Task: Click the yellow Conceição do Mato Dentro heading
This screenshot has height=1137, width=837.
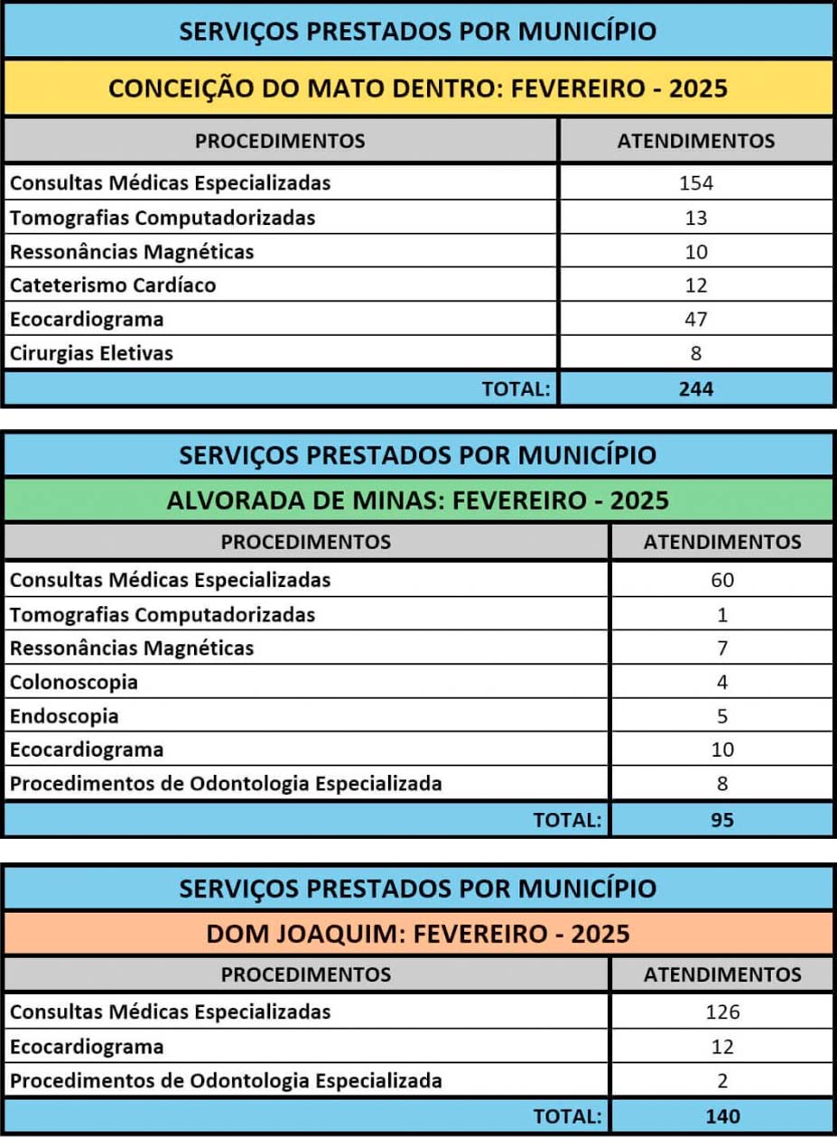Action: tap(418, 89)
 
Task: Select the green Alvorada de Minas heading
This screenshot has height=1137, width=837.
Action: tap(418, 500)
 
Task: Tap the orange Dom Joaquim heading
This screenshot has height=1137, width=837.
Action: tap(418, 934)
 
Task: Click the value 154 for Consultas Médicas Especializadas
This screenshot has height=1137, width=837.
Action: tap(696, 183)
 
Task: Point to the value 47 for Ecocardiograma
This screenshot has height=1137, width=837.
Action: tap(696, 319)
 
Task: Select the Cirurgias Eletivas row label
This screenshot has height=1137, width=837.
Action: tap(91, 353)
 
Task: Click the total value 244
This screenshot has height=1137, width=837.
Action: tap(696, 389)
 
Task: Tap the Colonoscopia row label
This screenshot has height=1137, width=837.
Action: tap(74, 682)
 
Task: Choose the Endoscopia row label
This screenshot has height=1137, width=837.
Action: tap(64, 716)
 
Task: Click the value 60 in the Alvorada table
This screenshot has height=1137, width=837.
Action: tap(722, 580)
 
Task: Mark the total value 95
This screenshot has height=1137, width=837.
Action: tap(722, 820)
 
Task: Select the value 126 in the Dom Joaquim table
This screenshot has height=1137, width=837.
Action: tap(722, 1011)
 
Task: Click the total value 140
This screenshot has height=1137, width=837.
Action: tap(722, 1116)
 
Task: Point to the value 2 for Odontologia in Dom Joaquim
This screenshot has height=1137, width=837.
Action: tap(722, 1080)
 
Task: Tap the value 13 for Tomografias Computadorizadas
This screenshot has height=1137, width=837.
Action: tap(696, 218)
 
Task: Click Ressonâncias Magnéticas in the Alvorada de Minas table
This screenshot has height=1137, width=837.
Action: tap(132, 648)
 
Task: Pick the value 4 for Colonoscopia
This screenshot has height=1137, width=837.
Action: tap(722, 682)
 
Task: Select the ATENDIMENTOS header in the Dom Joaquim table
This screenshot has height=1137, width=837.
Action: tap(722, 974)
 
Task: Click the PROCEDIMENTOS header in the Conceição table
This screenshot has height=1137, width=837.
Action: tap(281, 141)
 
